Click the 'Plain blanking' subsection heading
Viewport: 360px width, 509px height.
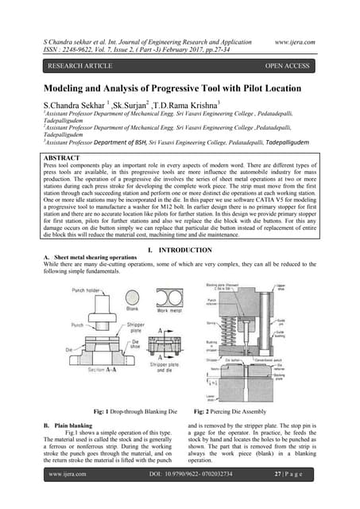pyautogui.click(x=75, y=428)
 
